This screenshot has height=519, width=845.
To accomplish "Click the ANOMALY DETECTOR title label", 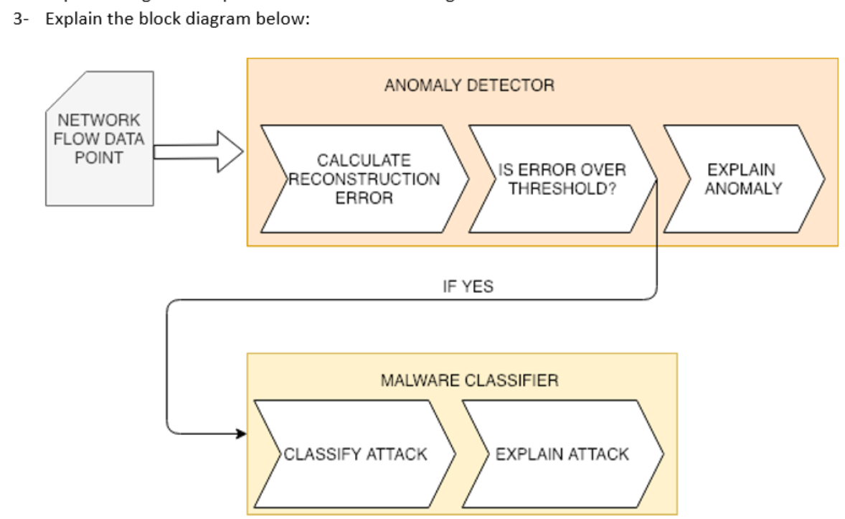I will (x=469, y=85).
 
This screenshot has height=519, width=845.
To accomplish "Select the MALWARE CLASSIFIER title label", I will (x=469, y=380).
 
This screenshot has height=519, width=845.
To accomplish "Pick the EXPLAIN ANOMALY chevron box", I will (x=742, y=179).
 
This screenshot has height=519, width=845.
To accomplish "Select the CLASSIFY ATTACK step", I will (x=355, y=454).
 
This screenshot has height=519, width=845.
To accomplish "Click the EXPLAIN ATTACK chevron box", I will (x=562, y=454).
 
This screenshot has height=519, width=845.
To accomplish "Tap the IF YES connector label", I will (x=468, y=287).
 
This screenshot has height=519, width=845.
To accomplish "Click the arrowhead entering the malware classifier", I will (x=240, y=434).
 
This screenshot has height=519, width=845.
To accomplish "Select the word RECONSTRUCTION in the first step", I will (x=364, y=179).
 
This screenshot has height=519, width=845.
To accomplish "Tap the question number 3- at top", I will (x=20, y=18).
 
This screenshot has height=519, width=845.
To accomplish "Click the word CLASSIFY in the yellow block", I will (x=323, y=454).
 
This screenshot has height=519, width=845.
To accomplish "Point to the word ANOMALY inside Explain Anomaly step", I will (x=742, y=189).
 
